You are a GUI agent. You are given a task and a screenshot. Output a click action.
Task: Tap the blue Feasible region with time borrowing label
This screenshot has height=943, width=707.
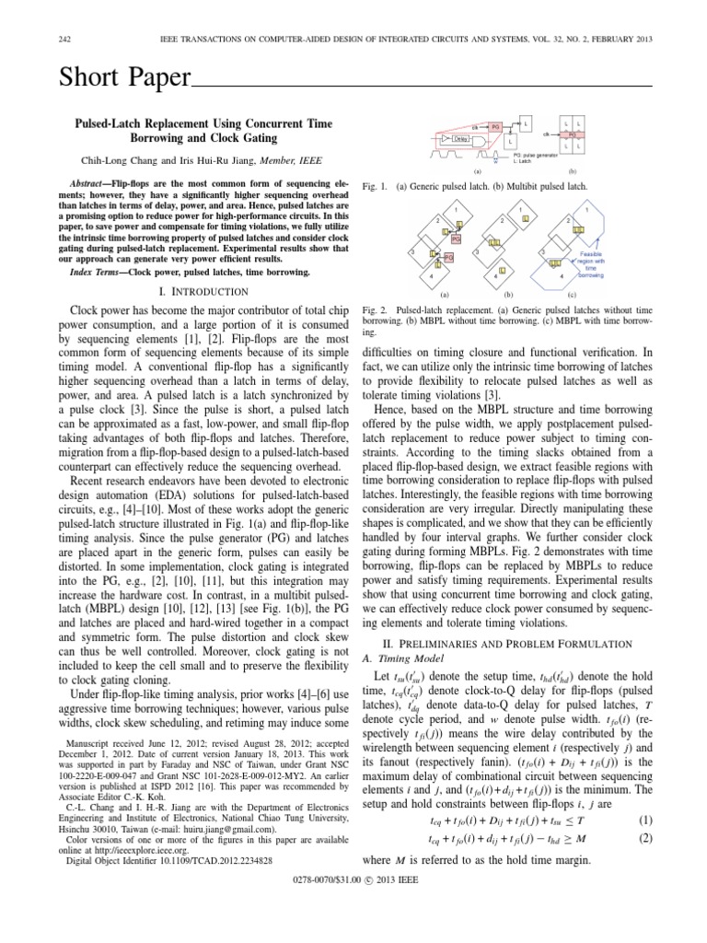click(591, 262)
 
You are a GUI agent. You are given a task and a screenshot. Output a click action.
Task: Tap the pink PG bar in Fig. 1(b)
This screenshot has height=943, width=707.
click(572, 134)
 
